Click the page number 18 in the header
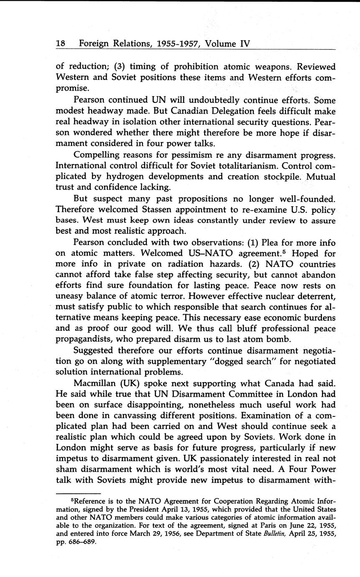61,43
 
